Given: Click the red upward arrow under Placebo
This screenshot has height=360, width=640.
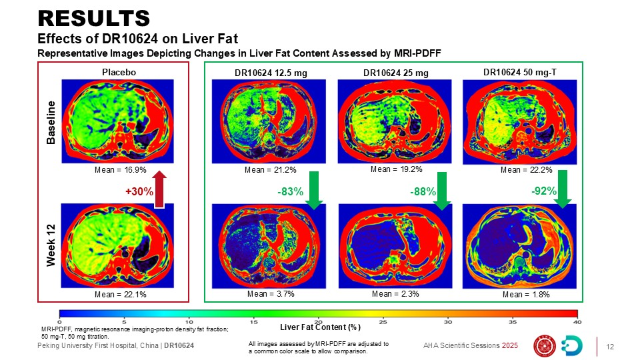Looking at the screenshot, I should tap(159, 189).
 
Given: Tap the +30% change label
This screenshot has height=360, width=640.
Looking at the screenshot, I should tap(139, 192).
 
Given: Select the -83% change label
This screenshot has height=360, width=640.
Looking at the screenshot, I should tap(290, 192).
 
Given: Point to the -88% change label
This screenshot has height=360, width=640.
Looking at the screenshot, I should tap(422, 192).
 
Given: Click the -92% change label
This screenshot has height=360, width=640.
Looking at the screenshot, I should tap(544, 191).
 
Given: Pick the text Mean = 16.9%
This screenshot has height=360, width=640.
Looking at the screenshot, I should tap(116, 170).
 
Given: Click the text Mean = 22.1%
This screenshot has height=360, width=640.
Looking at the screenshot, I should tap(116, 294).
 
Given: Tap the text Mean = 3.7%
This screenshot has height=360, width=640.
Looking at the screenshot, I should tap(271, 293).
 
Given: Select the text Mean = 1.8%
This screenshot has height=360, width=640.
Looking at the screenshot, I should tap(526, 294).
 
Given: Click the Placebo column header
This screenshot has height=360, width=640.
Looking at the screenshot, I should tap(119, 72).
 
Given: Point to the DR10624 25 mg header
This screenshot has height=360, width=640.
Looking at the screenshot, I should tap(395, 73).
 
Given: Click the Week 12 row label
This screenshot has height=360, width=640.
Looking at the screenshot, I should tap(51, 246).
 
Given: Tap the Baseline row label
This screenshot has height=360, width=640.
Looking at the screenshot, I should tap(51, 123).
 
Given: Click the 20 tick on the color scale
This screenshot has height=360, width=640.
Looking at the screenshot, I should tap(319, 321).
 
